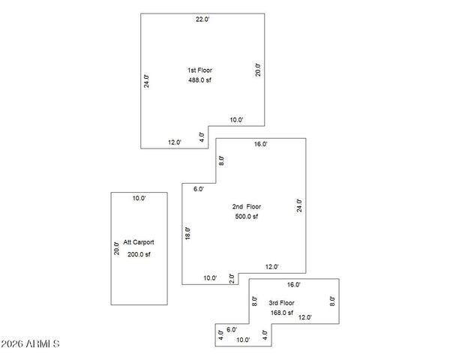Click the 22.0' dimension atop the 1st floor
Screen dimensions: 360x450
[x=202, y=19]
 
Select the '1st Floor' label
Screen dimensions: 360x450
[x=199, y=70]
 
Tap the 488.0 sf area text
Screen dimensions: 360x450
[x=199, y=80]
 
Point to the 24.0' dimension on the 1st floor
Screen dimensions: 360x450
[x=147, y=81]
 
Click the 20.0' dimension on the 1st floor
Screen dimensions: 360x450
[x=258, y=69]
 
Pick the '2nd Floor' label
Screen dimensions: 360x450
[x=246, y=206]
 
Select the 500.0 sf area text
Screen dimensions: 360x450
[x=246, y=217]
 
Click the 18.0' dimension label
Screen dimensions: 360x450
[x=188, y=233]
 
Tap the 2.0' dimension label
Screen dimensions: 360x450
[x=232, y=278]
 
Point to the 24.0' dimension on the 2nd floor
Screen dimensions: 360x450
[x=298, y=205]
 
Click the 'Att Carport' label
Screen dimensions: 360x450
[x=139, y=243]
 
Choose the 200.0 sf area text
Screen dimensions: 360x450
[x=139, y=254]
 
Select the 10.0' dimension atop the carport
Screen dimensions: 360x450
[x=139, y=199]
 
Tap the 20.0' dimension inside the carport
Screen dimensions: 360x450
[x=116, y=247]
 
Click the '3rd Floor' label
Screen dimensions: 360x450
[x=282, y=303]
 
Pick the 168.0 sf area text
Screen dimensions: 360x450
[x=282, y=313]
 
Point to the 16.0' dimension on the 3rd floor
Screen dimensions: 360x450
[x=293, y=285]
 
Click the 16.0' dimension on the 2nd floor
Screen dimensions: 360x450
[x=260, y=144]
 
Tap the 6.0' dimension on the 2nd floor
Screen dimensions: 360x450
[x=199, y=189]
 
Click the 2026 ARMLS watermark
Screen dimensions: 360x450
[x=31, y=343]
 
